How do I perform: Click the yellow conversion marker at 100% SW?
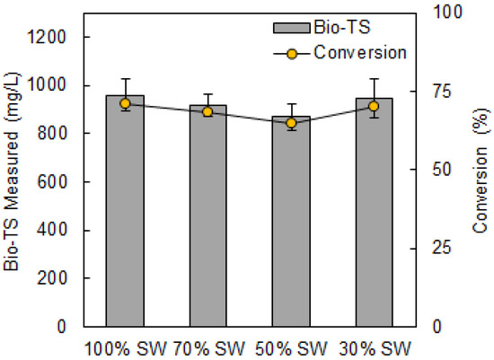pos(125,104)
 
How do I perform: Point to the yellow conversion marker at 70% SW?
pos(207,112)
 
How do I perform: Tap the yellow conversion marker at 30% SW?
pos(374,106)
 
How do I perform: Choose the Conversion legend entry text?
pos(359,52)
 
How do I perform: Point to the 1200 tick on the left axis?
pos(59,38)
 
